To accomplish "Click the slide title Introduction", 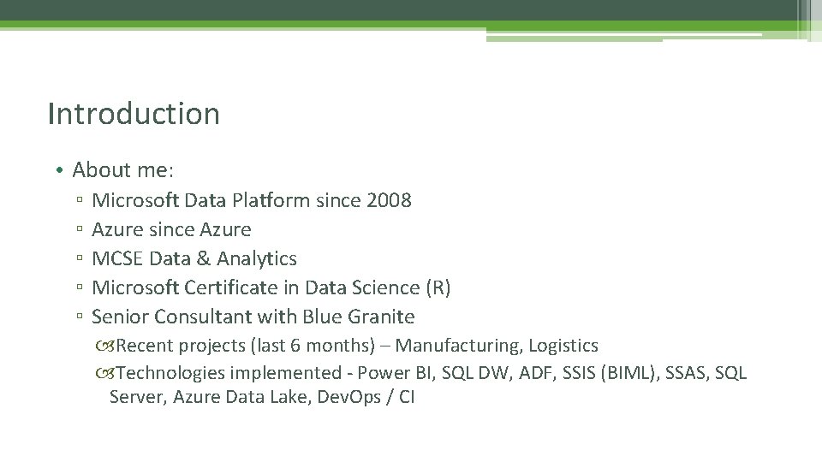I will pyautogui.click(x=134, y=114).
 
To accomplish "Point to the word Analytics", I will pyautogui.click(x=257, y=258).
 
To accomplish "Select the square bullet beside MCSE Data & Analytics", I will pyautogui.click(x=78, y=259).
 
